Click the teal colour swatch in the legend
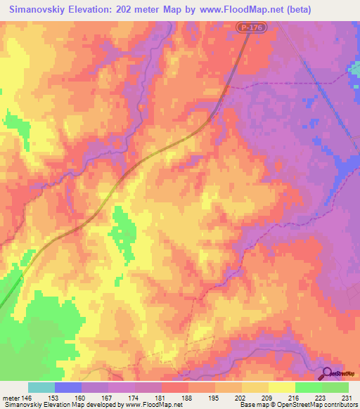(x=41, y=387)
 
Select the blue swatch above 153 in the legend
(x=68, y=387)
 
